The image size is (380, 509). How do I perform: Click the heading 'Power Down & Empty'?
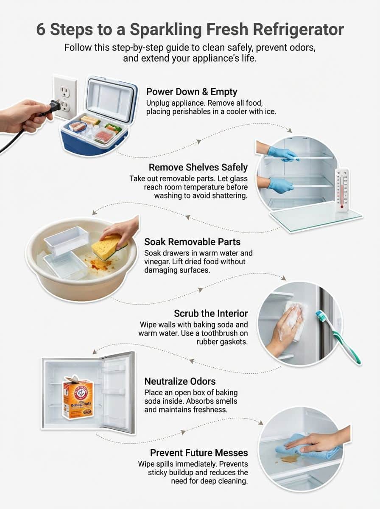tap(191, 92)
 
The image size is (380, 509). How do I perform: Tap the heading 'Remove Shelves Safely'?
tap(198, 168)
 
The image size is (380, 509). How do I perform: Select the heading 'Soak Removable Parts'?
tap(192, 242)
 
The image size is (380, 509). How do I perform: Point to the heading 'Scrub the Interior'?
tap(211, 313)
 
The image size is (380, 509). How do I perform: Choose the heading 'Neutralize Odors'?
tap(180, 381)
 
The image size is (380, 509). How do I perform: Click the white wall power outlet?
tap(66, 98)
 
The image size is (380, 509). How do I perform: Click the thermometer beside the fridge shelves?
tap(342, 189)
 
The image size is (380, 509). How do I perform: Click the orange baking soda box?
tap(78, 399)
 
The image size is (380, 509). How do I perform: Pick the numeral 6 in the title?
tap(41, 30)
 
